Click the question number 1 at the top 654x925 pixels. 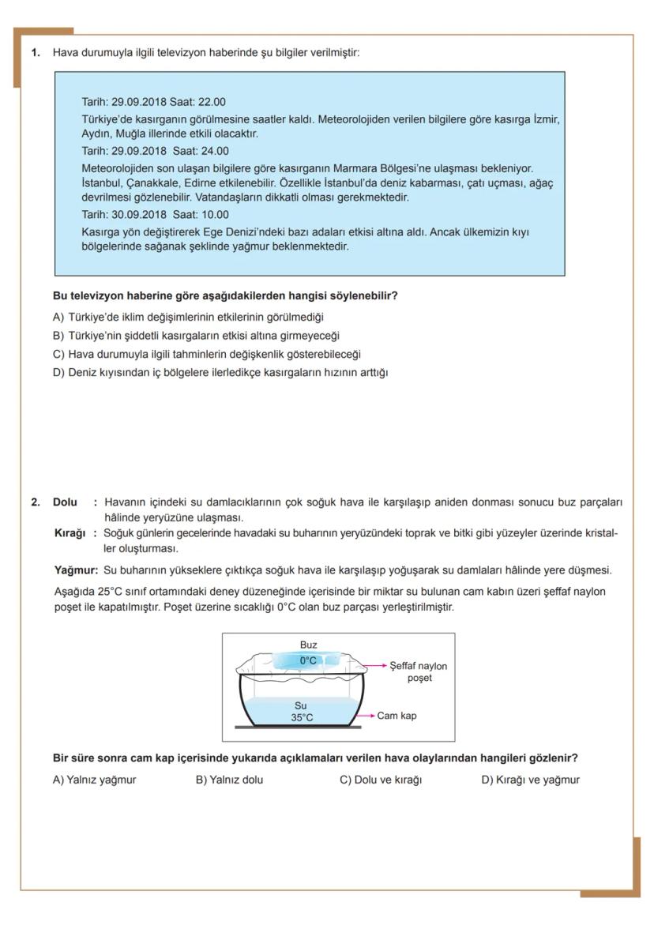tap(35, 53)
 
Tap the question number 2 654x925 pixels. tap(35, 502)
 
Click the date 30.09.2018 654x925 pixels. tap(135, 215)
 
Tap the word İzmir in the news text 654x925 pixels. tap(544, 119)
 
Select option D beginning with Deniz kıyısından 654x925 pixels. tap(220, 372)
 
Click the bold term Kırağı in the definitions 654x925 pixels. tap(69, 533)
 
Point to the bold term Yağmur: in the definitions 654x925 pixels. tap(76, 570)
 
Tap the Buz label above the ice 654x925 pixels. tap(308, 645)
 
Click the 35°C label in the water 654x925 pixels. tap(302, 717)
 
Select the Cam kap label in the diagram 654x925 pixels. tap(397, 716)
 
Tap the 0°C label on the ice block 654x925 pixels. tap(308, 660)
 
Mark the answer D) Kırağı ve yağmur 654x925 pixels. tap(530, 780)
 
